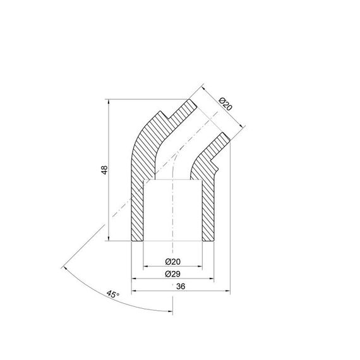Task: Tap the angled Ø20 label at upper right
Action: pos(225,105)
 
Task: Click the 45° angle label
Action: pos(112,294)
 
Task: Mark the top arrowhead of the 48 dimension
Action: pos(111,100)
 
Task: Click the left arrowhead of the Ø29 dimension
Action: pos(133,279)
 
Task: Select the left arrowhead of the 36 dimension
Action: pos(133,291)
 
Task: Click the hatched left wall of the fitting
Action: pos(138,189)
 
